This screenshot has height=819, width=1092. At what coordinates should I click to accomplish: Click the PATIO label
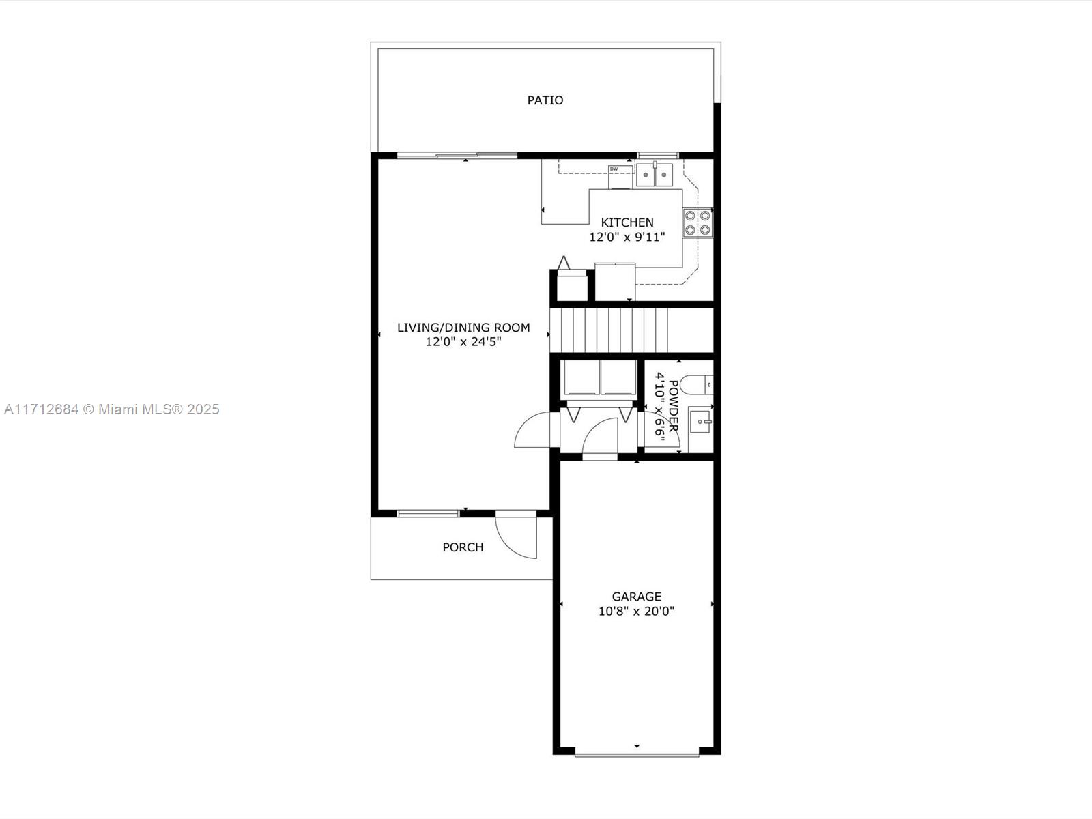pyautogui.click(x=545, y=100)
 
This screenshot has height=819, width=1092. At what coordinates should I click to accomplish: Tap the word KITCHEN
pyautogui.click(x=627, y=222)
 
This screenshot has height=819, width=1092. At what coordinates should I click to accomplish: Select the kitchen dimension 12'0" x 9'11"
pyautogui.click(x=627, y=238)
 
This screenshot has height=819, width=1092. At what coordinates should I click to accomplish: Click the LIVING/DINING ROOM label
pyautogui.click(x=463, y=327)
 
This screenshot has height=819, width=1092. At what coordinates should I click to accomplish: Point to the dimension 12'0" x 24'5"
pyautogui.click(x=463, y=342)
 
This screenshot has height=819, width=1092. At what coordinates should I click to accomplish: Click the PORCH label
pyautogui.click(x=463, y=547)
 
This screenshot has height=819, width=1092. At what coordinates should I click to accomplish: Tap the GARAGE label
pyautogui.click(x=636, y=597)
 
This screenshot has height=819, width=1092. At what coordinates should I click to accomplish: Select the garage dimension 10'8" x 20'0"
pyautogui.click(x=636, y=611)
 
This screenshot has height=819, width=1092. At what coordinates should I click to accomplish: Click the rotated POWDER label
pyautogui.click(x=673, y=406)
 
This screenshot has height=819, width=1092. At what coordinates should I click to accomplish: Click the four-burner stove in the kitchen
pyautogui.click(x=698, y=222)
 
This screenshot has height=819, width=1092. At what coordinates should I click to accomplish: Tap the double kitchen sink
pyautogui.click(x=655, y=175)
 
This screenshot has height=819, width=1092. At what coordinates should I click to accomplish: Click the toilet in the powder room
pyautogui.click(x=696, y=385)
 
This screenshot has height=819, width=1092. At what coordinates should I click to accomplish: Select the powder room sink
pyautogui.click(x=700, y=422)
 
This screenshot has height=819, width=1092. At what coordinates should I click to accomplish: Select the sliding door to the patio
pyautogui.click(x=457, y=156)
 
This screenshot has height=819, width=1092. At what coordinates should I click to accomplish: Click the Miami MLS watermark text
pyautogui.click(x=111, y=409)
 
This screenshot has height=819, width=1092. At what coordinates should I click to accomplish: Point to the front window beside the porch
pyautogui.click(x=429, y=514)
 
